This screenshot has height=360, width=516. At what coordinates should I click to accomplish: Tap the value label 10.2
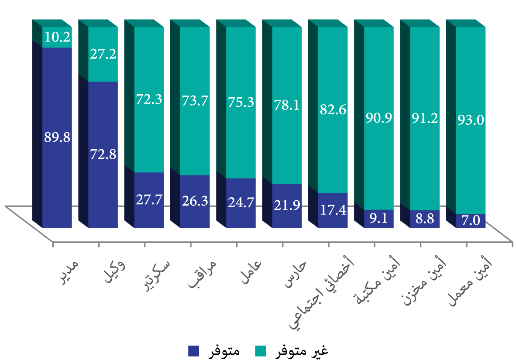click(x=58, y=38)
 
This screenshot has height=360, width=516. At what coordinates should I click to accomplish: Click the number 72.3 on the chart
click(x=149, y=99)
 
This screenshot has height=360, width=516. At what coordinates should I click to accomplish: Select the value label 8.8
click(x=425, y=219)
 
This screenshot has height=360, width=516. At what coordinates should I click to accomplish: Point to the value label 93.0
click(x=471, y=120)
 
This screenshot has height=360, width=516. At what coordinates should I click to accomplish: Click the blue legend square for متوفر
click(x=193, y=351)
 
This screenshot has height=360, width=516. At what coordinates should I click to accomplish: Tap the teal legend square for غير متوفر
click(x=260, y=351)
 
